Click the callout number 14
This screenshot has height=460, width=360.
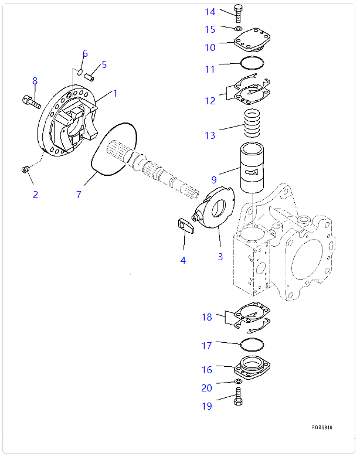(x=210, y=12)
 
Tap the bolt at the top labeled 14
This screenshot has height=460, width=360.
(x=238, y=13)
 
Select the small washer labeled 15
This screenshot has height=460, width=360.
(x=237, y=28)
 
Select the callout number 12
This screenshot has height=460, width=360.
(x=210, y=101)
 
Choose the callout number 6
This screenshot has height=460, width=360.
(x=85, y=54)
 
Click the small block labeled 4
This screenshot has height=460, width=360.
(x=185, y=226)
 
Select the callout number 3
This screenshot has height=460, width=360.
(x=220, y=257)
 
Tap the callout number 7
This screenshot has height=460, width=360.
(x=79, y=195)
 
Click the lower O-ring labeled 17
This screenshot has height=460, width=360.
(x=252, y=344)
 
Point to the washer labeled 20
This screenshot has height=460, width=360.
(x=238, y=382)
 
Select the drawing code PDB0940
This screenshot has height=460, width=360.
(x=322, y=428)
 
